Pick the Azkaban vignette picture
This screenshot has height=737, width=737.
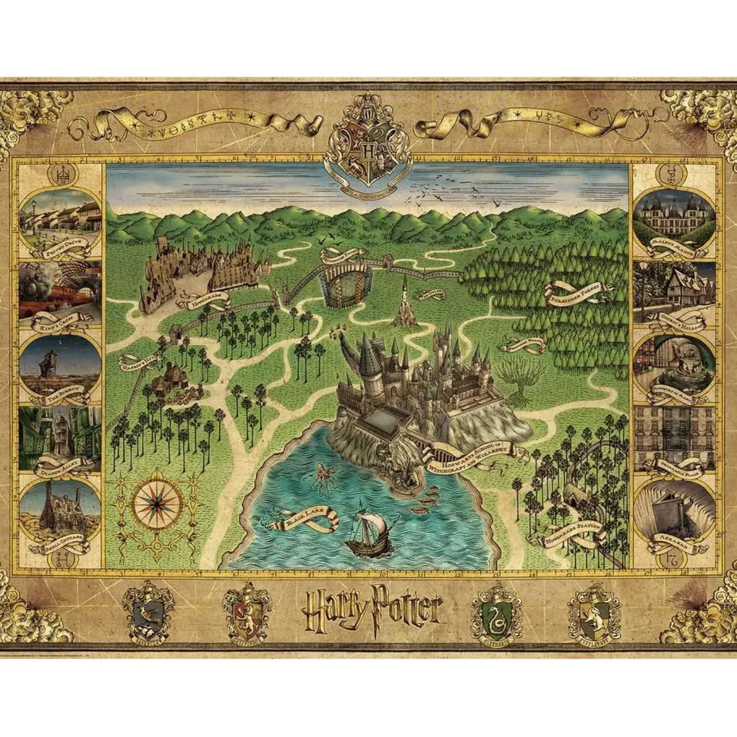(x=674, y=511)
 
